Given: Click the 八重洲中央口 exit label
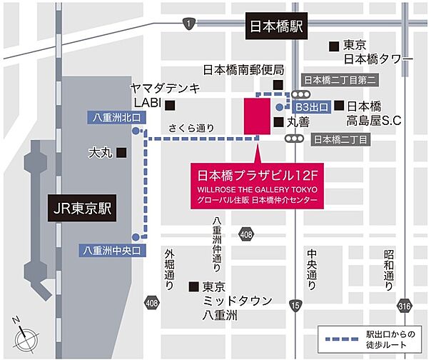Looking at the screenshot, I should [x=111, y=249].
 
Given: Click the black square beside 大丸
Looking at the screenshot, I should [x=122, y=152].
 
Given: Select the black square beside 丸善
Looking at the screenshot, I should [x=278, y=122].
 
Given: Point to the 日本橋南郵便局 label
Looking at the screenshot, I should [x=243, y=70].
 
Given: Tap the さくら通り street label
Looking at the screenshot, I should [x=191, y=129].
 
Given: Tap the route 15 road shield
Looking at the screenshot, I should [x=295, y=306].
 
